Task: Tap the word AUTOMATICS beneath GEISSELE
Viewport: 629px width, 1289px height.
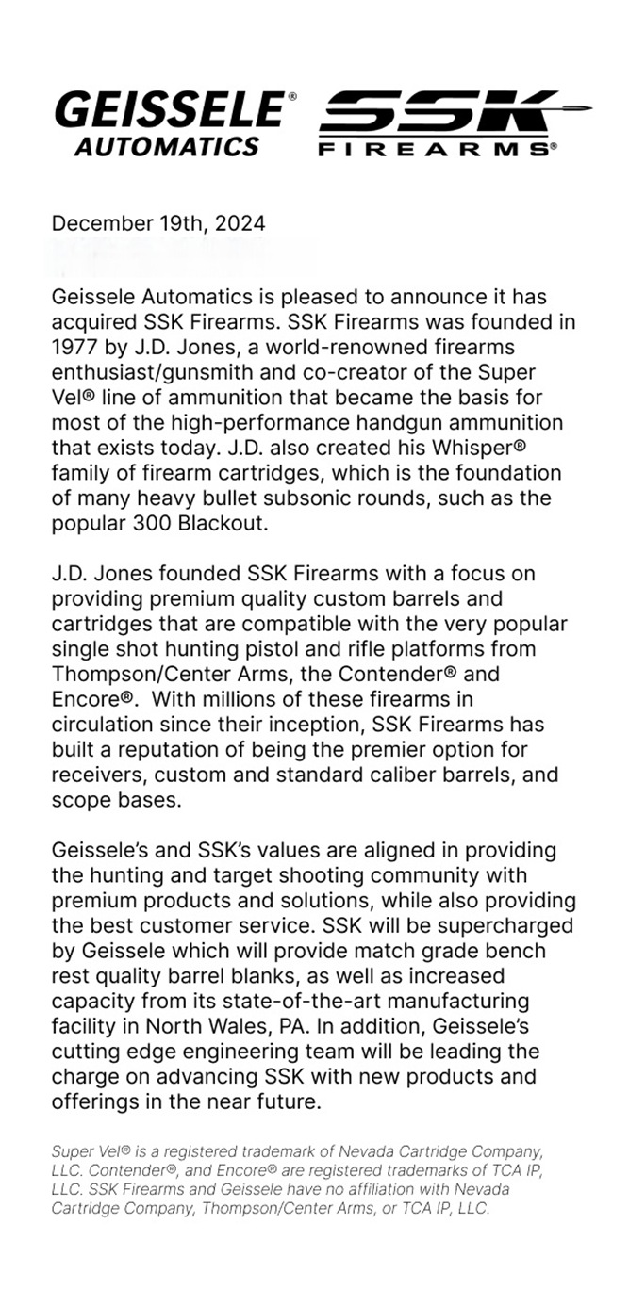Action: pyautogui.click(x=169, y=146)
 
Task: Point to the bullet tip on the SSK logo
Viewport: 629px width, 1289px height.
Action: pyautogui.click(x=579, y=109)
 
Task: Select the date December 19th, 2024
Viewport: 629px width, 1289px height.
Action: pyautogui.click(x=158, y=223)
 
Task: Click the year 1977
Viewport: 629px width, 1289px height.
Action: pyautogui.click(x=75, y=346)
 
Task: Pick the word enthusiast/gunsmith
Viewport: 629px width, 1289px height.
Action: pyautogui.click(x=155, y=370)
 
